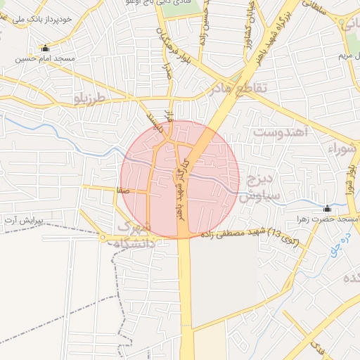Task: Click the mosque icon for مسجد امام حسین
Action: coord(46,49)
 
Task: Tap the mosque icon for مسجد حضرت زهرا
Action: coord(327,209)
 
